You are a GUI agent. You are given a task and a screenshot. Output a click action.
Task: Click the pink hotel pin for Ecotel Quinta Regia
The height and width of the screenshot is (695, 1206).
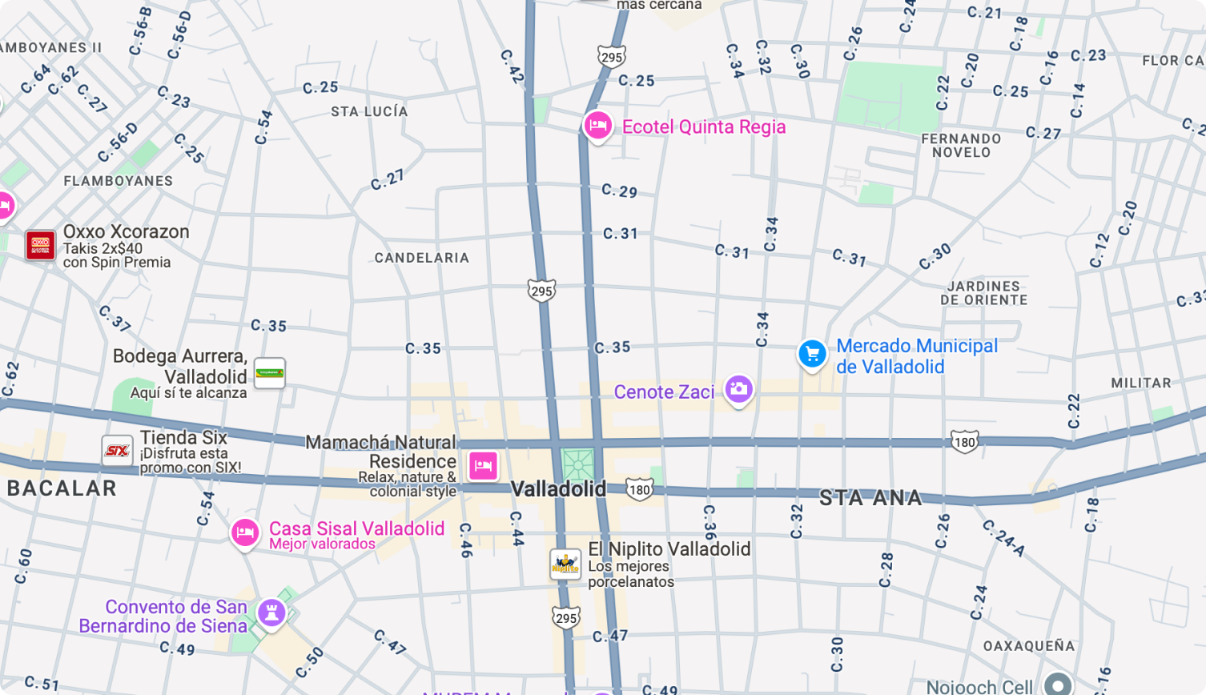(597, 126)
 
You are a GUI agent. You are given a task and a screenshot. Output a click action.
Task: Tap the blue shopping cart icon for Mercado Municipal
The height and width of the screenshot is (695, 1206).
(812, 354)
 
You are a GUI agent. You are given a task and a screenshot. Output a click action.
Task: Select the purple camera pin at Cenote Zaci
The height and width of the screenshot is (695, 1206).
(738, 390)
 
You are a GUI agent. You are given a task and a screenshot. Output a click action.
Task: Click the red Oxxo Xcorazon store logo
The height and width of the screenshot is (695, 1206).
(40, 245)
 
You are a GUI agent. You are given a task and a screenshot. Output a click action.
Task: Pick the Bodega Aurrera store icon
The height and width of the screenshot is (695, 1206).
(269, 373)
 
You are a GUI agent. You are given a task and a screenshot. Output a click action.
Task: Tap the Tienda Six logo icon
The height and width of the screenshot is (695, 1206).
(117, 451)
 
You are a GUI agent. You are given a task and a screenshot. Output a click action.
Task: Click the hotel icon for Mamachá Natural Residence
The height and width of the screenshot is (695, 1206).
(483, 465)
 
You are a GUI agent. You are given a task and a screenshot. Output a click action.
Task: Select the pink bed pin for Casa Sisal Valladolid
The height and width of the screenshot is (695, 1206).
(245, 532)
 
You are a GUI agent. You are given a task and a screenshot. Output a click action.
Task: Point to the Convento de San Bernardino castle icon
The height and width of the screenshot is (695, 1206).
(271, 613)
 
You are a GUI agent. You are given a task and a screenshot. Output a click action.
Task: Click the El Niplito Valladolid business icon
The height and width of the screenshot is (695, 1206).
(565, 564)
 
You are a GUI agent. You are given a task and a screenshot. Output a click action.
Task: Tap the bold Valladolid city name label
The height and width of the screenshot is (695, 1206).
(558, 488)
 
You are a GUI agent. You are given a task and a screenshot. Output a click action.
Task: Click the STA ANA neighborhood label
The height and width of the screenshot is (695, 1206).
(870, 498)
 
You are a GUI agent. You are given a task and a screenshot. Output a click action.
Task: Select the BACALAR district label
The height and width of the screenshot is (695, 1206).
(62, 488)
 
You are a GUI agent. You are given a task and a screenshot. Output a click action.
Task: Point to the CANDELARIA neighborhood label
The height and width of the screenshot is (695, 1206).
(422, 258)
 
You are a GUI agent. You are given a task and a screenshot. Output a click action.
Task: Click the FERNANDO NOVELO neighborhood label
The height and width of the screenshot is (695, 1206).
(961, 146)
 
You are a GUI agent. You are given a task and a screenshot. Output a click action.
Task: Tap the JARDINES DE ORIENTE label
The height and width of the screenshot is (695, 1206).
(983, 293)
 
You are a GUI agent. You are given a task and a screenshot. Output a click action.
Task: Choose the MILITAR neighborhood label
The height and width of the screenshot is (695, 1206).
(1141, 383)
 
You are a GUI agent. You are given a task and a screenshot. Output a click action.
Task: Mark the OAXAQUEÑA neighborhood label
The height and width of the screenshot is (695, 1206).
(1029, 645)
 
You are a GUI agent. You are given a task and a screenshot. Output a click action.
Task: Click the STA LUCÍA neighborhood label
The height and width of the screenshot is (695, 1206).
(369, 111)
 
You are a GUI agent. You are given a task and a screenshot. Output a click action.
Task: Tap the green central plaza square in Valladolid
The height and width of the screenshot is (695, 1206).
(577, 464)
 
